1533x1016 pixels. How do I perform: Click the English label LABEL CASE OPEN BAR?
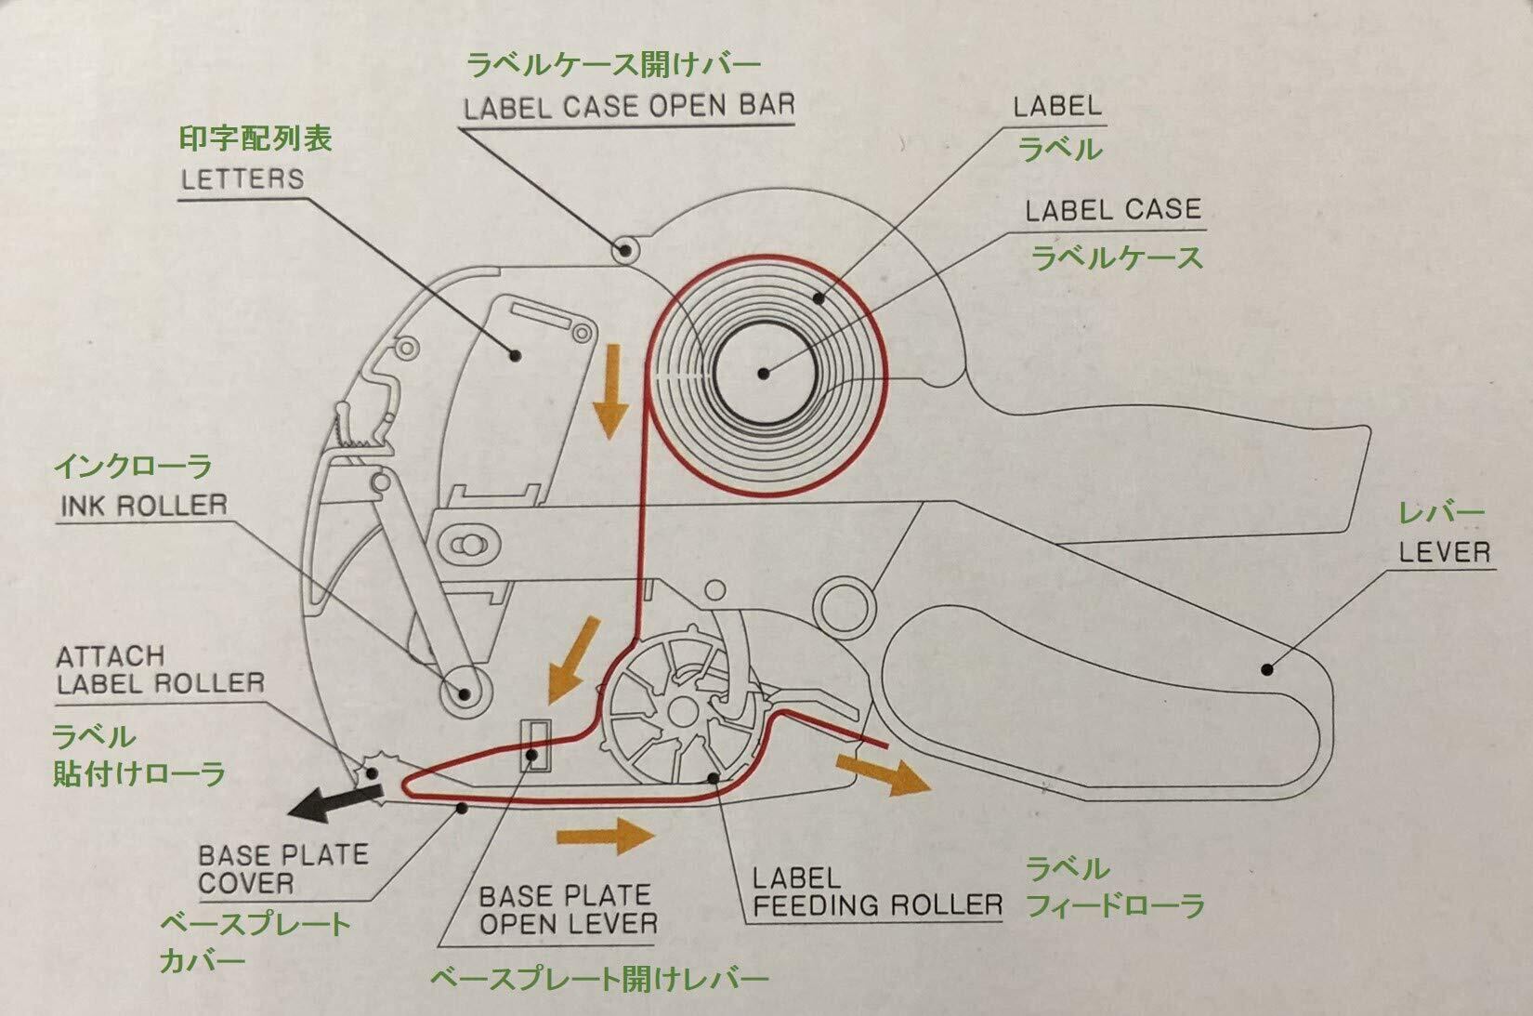pyautogui.click(x=629, y=107)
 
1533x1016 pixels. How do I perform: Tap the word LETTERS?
pyautogui.click(x=242, y=178)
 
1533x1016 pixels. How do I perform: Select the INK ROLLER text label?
pyautogui.click(x=144, y=506)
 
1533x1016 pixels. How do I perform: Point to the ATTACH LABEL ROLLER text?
pyautogui.click(x=160, y=670)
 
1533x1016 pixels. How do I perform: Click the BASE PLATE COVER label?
pyautogui.click(x=283, y=868)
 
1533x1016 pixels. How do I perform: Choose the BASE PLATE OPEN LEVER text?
pyautogui.click(x=568, y=909)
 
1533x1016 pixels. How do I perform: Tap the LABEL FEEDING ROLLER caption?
pyautogui.click(x=876, y=891)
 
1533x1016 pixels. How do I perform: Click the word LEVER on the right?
pyautogui.click(x=1444, y=552)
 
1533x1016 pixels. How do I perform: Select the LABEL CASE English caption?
pyautogui.click(x=1113, y=210)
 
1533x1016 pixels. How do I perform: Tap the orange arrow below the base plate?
pyautogui.click(x=605, y=834)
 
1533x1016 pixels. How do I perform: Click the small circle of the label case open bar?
pyautogui.click(x=625, y=248)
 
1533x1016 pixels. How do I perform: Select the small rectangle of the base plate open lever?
pyautogui.click(x=533, y=745)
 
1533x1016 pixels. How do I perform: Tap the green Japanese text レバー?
pyautogui.click(x=1441, y=512)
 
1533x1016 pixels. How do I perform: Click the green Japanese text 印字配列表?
pyautogui.click(x=255, y=139)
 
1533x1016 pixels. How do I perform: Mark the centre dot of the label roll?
pyautogui.click(x=763, y=374)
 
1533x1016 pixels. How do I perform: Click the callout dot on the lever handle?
pyautogui.click(x=1266, y=668)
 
